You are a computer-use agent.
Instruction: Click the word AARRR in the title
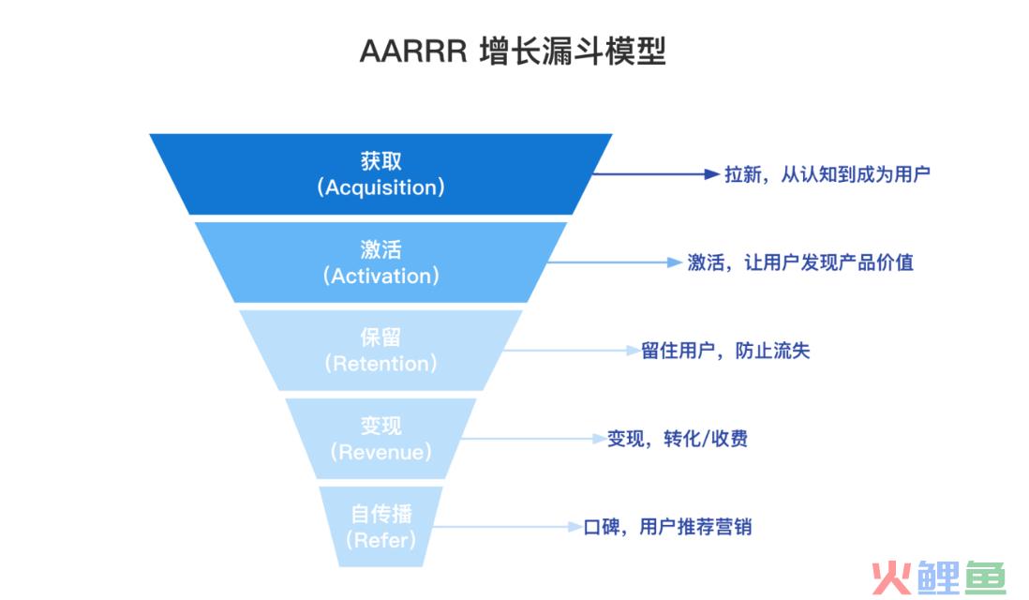coord(413,52)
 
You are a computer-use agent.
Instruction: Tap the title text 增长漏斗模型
coord(573,52)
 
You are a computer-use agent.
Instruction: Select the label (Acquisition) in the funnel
coord(380,187)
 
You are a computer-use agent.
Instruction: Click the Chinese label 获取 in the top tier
coord(380,161)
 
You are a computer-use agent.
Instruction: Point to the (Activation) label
coord(380,276)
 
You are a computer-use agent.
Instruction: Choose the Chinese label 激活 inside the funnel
coord(380,249)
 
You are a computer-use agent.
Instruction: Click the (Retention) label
coord(380,364)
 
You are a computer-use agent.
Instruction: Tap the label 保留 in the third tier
coord(380,337)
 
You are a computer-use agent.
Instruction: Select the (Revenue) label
coord(380,452)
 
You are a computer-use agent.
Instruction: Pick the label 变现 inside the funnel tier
coord(380,426)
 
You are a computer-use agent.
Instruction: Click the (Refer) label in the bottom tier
coord(380,540)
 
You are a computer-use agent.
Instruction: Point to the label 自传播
coord(380,514)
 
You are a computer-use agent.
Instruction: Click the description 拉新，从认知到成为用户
coord(828,174)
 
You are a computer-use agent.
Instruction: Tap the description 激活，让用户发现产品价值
coord(800,262)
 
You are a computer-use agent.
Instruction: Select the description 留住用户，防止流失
coord(725,351)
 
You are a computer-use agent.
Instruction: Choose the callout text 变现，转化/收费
coord(678,439)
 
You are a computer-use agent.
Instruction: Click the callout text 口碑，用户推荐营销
coord(668,527)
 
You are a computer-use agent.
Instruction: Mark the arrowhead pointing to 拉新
coord(712,174)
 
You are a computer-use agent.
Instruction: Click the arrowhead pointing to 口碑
coord(574,527)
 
